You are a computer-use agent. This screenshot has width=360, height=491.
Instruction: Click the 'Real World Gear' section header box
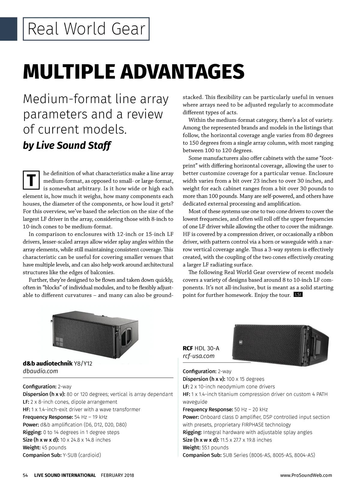tap(86, 29)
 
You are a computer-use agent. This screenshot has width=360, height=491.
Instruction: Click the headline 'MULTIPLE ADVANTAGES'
tap(133, 72)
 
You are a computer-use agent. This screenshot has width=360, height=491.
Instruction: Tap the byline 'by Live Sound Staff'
tap(67, 146)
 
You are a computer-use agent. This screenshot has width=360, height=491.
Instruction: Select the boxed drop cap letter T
tap(31, 180)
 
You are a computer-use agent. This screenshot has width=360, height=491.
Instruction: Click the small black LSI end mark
tap(298, 295)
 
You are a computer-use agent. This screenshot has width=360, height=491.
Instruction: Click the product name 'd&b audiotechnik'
tap(48, 364)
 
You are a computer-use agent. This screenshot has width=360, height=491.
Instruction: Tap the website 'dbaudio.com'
tap(40, 371)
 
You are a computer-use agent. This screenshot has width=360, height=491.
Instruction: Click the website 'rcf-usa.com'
tap(199, 356)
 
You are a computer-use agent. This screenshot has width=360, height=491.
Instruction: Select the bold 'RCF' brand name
tap(188, 348)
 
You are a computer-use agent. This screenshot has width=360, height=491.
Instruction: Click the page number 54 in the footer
tap(25, 475)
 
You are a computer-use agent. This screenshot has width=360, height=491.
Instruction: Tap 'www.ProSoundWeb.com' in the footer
tap(306, 475)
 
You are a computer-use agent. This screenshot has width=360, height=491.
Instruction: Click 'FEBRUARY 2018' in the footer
tap(118, 475)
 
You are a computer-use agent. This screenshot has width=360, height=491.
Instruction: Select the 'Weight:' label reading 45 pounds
tap(31, 448)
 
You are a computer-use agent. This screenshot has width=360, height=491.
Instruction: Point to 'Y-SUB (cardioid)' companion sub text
tap(82, 455)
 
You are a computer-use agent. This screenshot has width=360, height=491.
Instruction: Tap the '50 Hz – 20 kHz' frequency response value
tap(251, 409)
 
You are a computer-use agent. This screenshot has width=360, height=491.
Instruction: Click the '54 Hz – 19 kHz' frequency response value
tap(91, 417)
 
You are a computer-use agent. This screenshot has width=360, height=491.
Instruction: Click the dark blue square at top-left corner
tap(8, 29)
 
